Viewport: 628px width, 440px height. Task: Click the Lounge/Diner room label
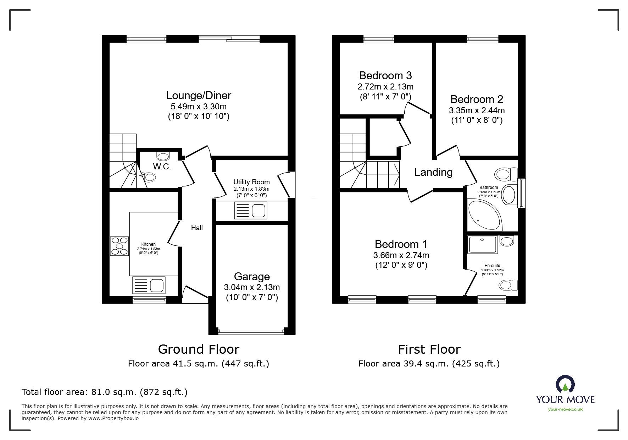pos(199,96)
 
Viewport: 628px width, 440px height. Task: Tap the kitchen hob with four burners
pos(120,246)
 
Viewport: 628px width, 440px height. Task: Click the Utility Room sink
pos(250,211)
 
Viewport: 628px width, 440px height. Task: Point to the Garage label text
pos(252,277)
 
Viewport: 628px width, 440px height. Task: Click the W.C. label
pos(162,167)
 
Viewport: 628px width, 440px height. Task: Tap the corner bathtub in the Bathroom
pos(483,215)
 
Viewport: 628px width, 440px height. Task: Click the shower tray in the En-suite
pos(483,245)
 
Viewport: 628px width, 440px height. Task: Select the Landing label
pos(433,172)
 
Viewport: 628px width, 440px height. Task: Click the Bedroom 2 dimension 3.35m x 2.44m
pos(477,110)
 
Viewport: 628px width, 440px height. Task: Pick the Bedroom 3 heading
pos(385,76)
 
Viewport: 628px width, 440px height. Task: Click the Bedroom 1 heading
pos(401,244)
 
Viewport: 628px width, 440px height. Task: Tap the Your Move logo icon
pos(565,384)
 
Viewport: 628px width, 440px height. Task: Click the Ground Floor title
pos(199,349)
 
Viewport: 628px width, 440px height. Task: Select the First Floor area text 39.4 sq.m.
pos(429,364)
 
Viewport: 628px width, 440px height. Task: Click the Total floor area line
pos(105,392)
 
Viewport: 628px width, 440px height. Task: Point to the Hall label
pos(197,228)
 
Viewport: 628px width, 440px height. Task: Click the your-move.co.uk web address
pos(565,409)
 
